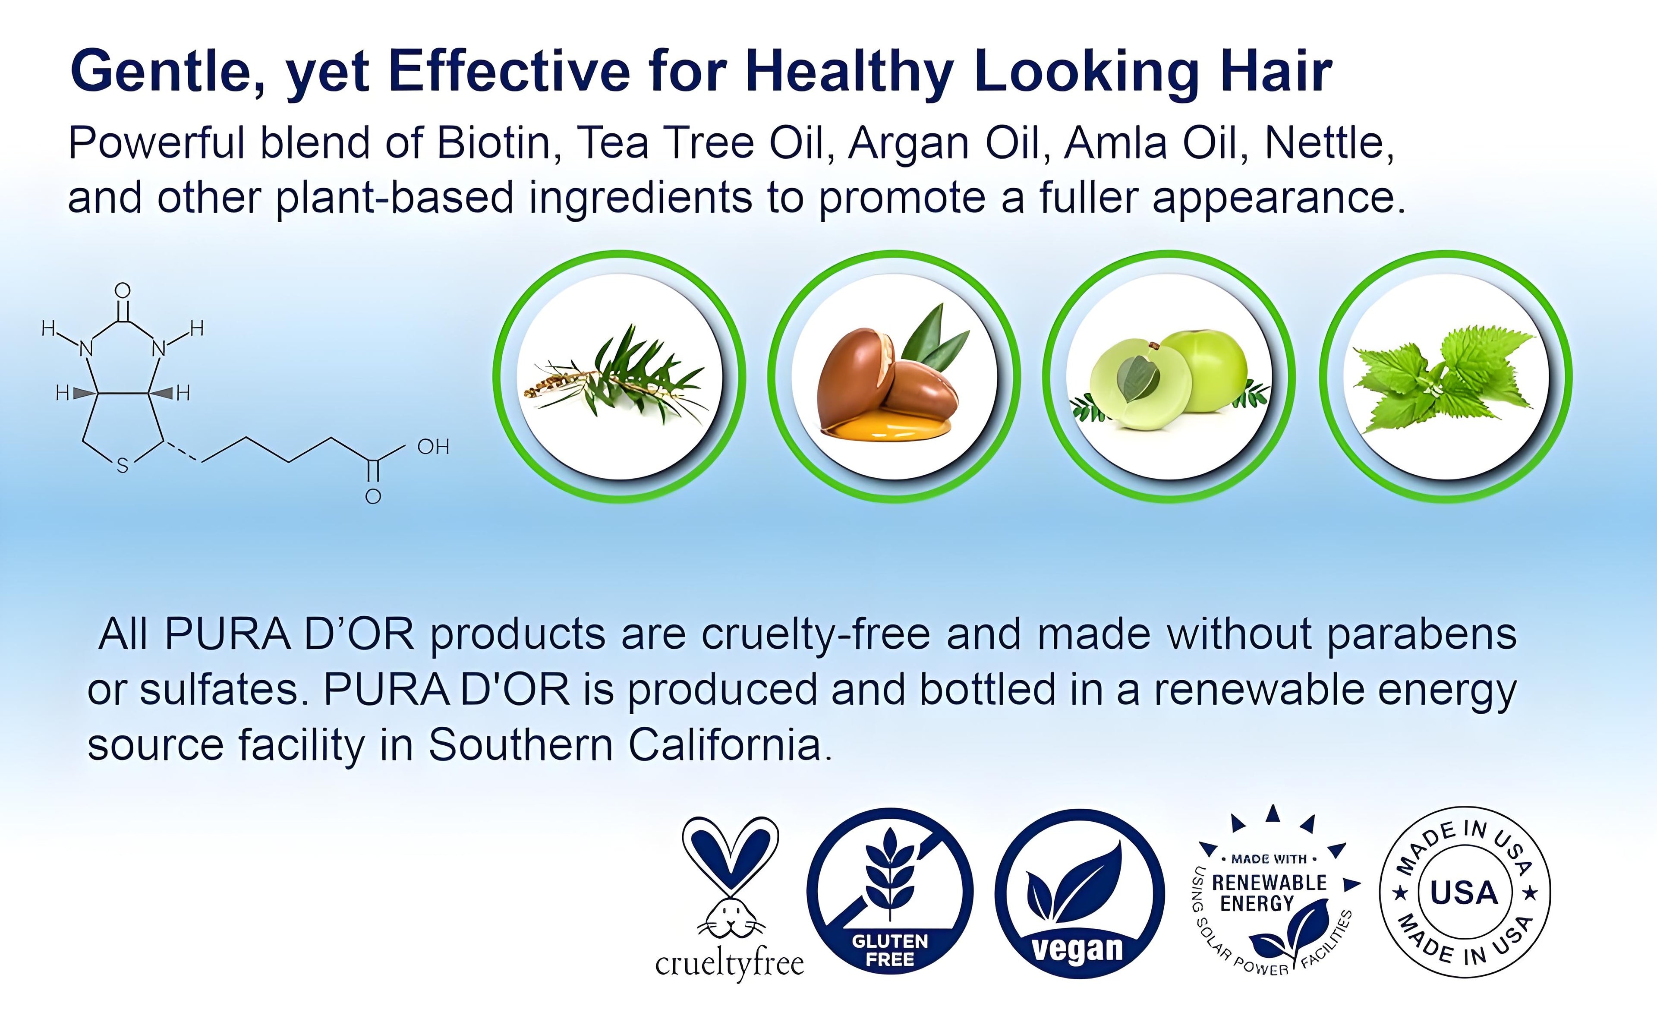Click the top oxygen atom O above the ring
click(123, 291)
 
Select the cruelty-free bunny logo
click(730, 898)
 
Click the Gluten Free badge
click(890, 893)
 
